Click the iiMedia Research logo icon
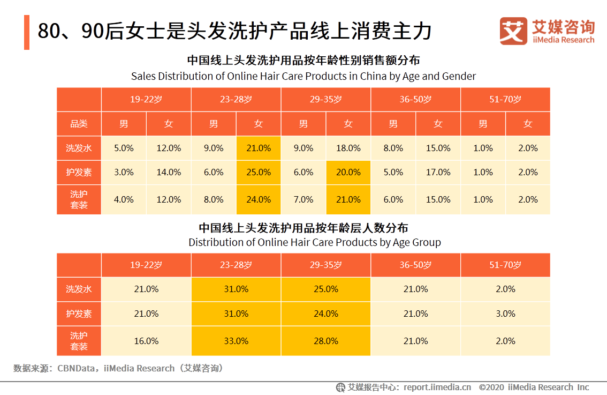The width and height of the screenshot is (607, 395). [513, 32]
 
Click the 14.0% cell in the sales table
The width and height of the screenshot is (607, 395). [169, 173]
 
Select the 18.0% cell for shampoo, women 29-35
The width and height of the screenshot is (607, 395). [348, 148]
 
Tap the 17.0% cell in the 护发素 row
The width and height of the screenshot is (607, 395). [438, 173]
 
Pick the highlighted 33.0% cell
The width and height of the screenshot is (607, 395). [236, 341]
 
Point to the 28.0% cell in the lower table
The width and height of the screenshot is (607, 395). [325, 341]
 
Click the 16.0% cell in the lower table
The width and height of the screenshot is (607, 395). [146, 341]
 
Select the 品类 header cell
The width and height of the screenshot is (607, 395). [79, 124]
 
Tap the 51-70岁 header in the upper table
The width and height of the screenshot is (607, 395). [505, 100]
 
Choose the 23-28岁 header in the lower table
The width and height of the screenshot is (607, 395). [236, 265]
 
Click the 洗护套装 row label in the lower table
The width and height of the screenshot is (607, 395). [79, 341]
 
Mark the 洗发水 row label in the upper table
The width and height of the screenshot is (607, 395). [79, 148]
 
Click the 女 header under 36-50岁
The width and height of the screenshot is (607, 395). [438, 124]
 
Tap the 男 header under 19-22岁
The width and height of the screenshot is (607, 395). [124, 124]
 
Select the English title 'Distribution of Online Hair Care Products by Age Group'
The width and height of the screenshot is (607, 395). [314, 242]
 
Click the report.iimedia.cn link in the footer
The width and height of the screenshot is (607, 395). [437, 387]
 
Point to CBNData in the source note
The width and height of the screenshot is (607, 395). [77, 368]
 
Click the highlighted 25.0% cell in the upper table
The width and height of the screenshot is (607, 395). [259, 173]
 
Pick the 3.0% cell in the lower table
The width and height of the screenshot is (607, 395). [505, 314]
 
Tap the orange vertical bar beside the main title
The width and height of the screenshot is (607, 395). [27, 32]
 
